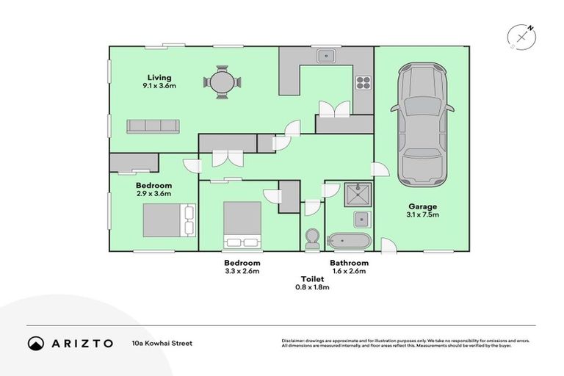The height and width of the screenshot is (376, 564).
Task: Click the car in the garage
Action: (422, 125)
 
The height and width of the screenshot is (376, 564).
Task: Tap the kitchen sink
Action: (326, 56)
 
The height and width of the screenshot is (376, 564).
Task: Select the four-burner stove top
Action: (364, 83)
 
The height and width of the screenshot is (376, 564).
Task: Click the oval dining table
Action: (222, 82)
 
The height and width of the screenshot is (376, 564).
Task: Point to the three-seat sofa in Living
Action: (153, 126)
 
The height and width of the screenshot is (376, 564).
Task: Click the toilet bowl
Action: (312, 238)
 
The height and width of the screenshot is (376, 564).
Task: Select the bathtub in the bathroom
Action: (349, 240)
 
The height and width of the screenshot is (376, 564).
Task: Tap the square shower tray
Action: (358, 195)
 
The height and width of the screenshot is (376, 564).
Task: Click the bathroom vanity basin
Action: (362, 219)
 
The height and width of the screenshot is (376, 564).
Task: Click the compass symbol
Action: (521, 37)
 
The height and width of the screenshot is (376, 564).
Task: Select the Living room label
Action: (159, 77)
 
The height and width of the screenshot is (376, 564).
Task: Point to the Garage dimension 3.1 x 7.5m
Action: (423, 215)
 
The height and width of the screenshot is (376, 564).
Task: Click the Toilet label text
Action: (312, 279)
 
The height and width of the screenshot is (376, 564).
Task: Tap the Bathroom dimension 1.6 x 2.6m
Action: (349, 271)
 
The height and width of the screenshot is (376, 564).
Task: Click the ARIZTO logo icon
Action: (36, 343)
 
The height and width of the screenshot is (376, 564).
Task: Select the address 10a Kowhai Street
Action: (162, 343)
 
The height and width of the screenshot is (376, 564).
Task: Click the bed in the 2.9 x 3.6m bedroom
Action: (170, 220)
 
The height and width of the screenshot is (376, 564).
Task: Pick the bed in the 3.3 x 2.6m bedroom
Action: (242, 225)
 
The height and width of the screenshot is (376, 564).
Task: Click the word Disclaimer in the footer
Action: (293, 341)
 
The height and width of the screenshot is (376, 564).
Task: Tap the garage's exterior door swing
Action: (388, 246)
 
